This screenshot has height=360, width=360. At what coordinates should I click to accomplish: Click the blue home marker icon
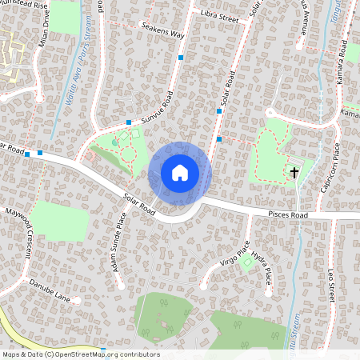point(179,172)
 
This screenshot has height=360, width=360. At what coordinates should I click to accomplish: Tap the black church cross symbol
point(294,172)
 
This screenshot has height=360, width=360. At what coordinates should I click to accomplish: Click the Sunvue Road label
point(158,110)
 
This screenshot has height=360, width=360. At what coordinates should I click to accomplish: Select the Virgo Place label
point(234,253)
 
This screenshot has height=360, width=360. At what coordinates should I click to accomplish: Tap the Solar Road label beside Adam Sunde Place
point(139,202)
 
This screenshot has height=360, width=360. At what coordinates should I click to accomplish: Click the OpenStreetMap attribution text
point(80,354)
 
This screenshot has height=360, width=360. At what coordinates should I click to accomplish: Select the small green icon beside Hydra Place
point(247,261)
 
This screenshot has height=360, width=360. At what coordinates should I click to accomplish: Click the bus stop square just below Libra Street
point(182,58)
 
